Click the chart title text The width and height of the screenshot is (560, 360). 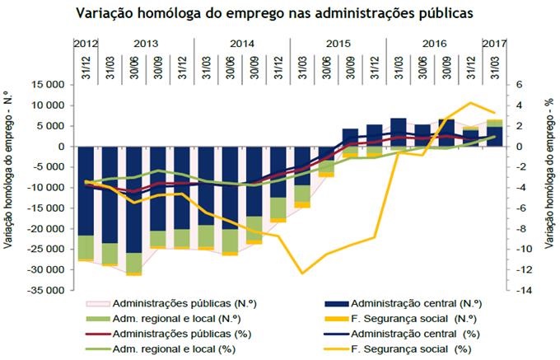point(279,13)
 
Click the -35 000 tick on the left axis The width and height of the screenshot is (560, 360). point(46,291)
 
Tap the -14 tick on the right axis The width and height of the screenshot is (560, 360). point(521,291)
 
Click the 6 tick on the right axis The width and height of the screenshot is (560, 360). point(519,85)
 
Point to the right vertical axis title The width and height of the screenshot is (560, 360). point(548,188)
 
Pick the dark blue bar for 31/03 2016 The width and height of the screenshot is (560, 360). point(398,133)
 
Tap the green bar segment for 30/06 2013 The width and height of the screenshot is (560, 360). point(133,262)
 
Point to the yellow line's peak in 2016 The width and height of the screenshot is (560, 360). point(470,103)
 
